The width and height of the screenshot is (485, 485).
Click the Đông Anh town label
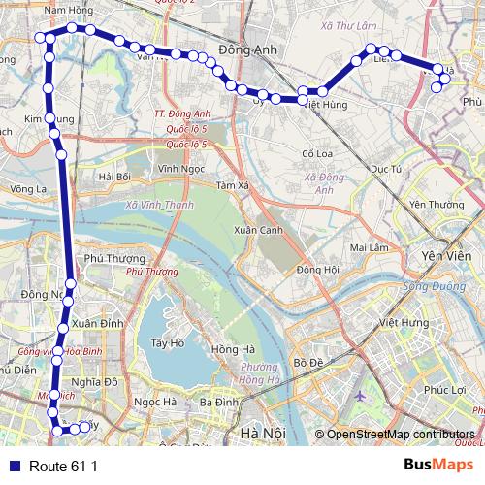point(248,52)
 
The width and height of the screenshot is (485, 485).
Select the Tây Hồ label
point(168,342)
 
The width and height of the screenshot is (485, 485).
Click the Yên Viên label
point(445,255)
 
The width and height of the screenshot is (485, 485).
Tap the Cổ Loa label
point(317,153)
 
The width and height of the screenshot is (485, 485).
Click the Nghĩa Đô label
point(95,382)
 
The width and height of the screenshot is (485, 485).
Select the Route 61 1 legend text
point(64,466)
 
